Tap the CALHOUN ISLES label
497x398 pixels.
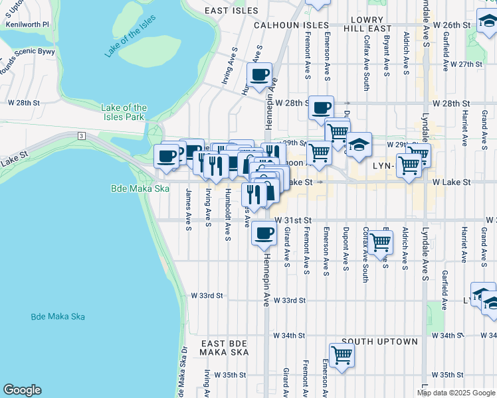click(287, 25)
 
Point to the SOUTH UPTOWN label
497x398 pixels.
click(379, 342)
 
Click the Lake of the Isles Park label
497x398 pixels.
click(124, 112)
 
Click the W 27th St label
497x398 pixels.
click(465, 64)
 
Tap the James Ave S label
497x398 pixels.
click(189, 210)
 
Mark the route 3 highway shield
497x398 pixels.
click(81, 135)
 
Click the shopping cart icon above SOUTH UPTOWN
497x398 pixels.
click(342, 355)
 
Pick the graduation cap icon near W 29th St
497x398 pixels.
click(358, 145)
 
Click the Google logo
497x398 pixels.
click(22, 390)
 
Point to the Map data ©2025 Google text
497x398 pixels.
click(455, 393)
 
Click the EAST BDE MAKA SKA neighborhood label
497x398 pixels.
click(224, 347)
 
